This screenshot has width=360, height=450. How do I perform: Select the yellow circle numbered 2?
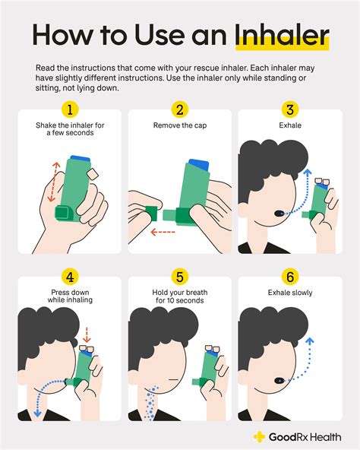click(x=179, y=109)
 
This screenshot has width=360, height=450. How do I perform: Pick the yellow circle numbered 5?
click(x=179, y=277)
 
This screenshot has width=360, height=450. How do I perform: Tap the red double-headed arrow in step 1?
click(x=54, y=182)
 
